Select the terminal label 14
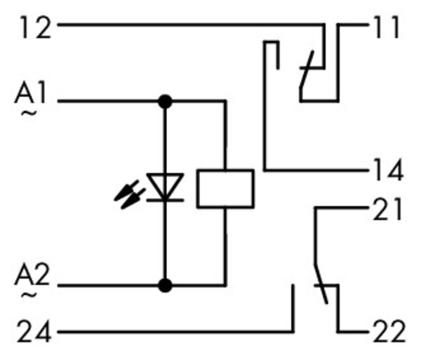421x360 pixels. click(x=388, y=169)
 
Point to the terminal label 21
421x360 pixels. click(x=387, y=209)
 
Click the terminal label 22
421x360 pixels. click(x=389, y=331)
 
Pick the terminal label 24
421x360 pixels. click(x=34, y=331)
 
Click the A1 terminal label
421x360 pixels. click(x=30, y=93)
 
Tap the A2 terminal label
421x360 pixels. click(x=32, y=274)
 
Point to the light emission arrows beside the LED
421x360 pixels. click(x=129, y=194)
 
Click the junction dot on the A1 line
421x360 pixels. click(x=165, y=101)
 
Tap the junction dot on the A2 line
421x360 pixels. click(x=165, y=285)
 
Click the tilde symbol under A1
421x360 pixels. click(x=29, y=113)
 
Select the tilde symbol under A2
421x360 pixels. click(x=29, y=295)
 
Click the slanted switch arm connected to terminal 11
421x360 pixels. click(x=307, y=69)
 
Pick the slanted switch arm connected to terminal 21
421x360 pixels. click(x=321, y=284)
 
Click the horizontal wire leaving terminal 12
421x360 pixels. click(x=191, y=25)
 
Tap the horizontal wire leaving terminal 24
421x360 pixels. click(x=175, y=332)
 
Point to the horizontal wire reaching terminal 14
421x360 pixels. click(x=316, y=170)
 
